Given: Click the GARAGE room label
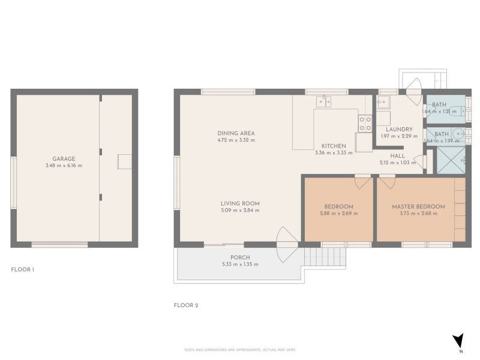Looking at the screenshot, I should tap(63, 159).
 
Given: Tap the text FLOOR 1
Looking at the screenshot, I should tap(23, 269).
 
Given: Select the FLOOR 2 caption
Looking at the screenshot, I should tap(185, 305).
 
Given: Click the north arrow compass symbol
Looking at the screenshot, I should tap(458, 340).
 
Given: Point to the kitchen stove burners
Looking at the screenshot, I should tap(365, 123).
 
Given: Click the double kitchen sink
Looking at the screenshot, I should tap(325, 101).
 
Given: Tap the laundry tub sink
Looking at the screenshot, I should tap(383, 102).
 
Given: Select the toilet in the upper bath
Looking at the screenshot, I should tap(458, 110).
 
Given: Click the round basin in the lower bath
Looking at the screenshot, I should tap(458, 134).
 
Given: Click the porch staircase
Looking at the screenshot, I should tap(325, 259).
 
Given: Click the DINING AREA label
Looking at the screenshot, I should tap(236, 133).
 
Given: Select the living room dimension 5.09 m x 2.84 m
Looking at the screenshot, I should tap(240, 211).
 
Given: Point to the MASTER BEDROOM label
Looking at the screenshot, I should tap(418, 206).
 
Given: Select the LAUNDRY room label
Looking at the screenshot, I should tap(398, 129).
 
